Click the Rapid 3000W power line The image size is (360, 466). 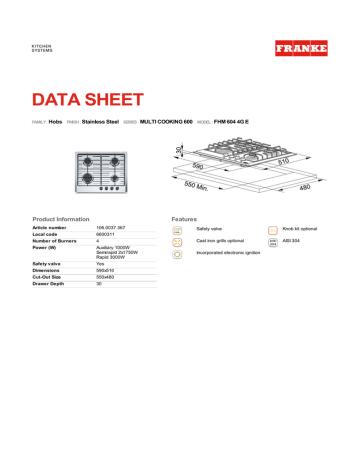112,257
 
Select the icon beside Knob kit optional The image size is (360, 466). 273,229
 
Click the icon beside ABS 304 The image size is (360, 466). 273,241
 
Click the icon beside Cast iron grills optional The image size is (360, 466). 177,241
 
